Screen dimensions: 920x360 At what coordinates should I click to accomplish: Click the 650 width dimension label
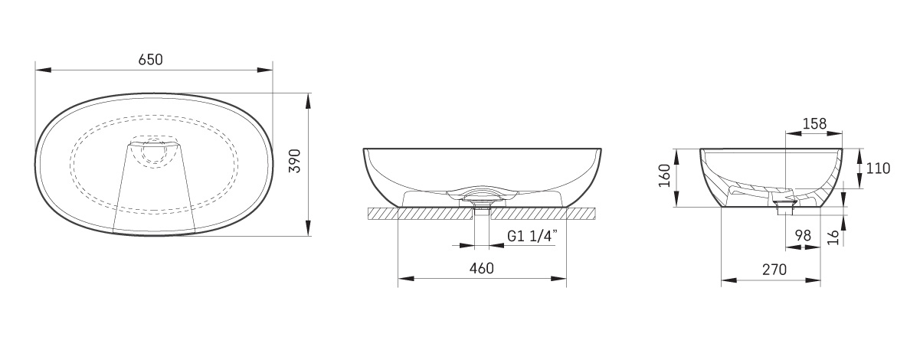(151, 60)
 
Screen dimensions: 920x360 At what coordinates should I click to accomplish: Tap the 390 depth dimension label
(295, 161)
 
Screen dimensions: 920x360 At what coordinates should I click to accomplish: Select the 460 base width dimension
(482, 268)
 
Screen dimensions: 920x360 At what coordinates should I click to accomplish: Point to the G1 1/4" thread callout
(532, 236)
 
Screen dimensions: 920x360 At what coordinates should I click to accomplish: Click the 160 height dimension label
(665, 175)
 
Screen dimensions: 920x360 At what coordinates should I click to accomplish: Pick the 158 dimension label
(814, 123)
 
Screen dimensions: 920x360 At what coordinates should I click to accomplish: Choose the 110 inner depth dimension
(878, 169)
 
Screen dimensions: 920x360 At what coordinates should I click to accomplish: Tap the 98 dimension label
(803, 236)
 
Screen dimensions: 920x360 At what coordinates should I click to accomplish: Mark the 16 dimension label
(833, 237)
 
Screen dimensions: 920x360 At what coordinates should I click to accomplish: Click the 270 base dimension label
(774, 270)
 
